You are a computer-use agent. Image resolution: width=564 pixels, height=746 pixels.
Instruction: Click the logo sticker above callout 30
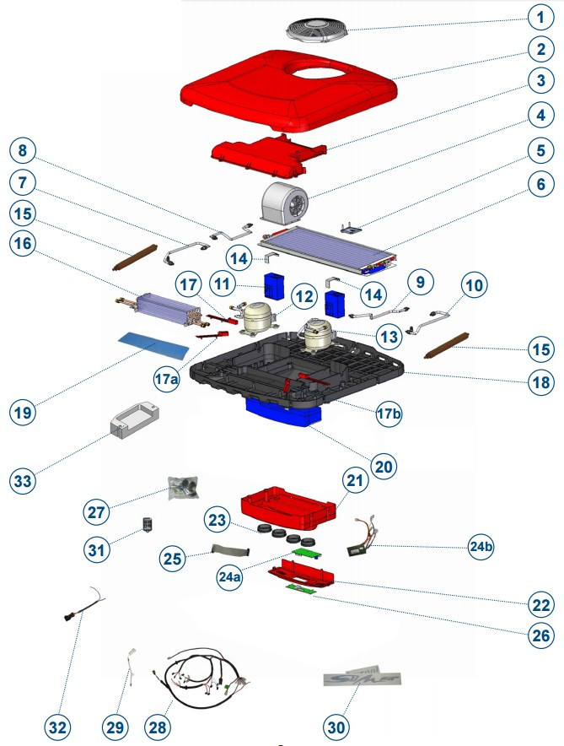click(362, 679)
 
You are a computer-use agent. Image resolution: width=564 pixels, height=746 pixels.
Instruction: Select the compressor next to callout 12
click(258, 317)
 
